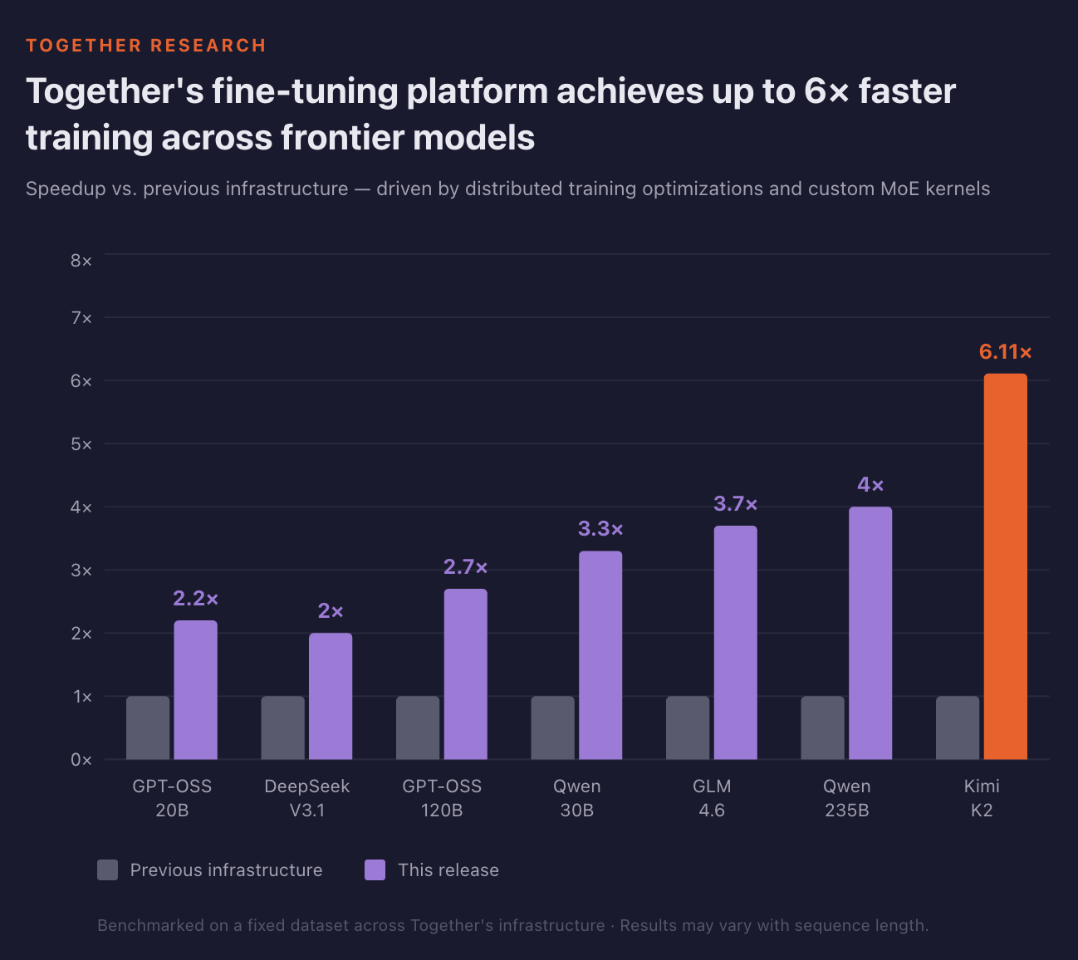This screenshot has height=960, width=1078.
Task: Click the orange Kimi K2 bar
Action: pyautogui.click(x=1005, y=566)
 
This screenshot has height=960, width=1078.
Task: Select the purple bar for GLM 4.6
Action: pyautogui.click(x=735, y=642)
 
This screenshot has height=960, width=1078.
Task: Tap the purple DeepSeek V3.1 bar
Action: pyautogui.click(x=331, y=696)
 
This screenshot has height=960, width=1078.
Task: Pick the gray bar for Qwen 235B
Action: pyautogui.click(x=822, y=727)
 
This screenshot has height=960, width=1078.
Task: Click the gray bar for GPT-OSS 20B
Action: pyautogui.click(x=148, y=727)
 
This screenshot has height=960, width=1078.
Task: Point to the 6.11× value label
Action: pyautogui.click(x=1005, y=352)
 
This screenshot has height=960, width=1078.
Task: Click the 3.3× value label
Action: pyautogui.click(x=600, y=529)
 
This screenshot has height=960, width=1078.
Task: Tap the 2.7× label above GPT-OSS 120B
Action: pyautogui.click(x=465, y=567)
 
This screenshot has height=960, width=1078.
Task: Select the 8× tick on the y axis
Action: pyautogui.click(x=81, y=261)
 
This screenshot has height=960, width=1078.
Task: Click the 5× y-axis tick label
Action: pyautogui.click(x=81, y=444)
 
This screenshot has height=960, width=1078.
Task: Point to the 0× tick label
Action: pyautogui.click(x=81, y=760)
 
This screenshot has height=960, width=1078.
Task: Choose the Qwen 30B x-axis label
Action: pyautogui.click(x=577, y=798)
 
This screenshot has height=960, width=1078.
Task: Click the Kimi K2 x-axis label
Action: pyautogui.click(x=982, y=798)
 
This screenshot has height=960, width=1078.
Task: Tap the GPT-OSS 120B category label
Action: pyautogui.click(x=442, y=798)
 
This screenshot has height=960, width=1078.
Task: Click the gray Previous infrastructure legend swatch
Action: pyautogui.click(x=107, y=869)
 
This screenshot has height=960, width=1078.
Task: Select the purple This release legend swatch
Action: pyautogui.click(x=375, y=869)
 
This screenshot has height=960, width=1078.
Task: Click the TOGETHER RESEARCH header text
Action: pyautogui.click(x=146, y=46)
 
